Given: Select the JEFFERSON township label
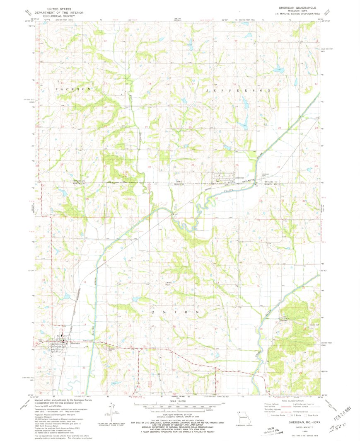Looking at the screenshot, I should click(x=238, y=90).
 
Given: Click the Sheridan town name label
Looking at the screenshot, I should click(x=75, y=344).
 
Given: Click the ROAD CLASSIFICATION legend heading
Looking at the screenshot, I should click(x=289, y=401).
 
